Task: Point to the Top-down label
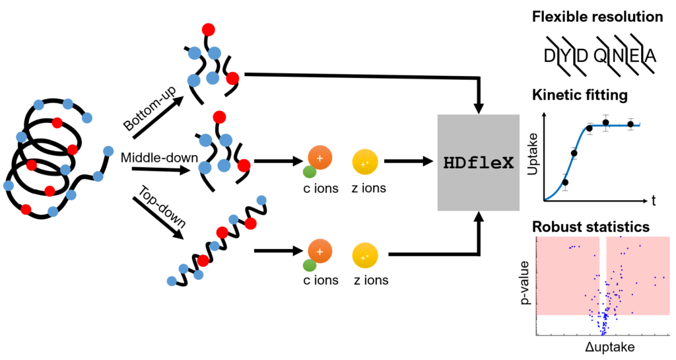(x=156, y=204)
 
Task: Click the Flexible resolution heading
(x=597, y=17)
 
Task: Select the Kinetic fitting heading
(x=581, y=95)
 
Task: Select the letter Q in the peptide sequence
(x=600, y=57)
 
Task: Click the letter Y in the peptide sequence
(x=565, y=57)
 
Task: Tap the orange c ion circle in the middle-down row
(x=320, y=159)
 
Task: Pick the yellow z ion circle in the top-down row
(x=365, y=254)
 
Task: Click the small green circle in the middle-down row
(x=309, y=173)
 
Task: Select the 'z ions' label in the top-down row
(x=370, y=281)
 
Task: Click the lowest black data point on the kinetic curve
(x=565, y=182)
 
